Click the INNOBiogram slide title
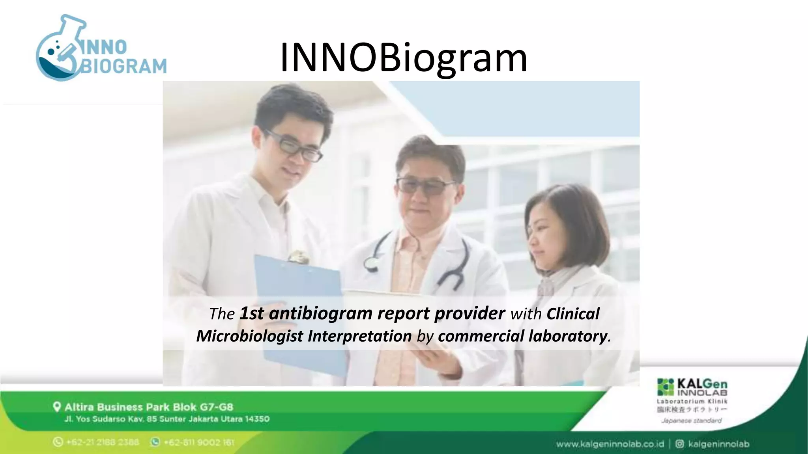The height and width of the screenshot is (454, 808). [403, 58]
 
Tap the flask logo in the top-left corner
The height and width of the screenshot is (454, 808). [59, 49]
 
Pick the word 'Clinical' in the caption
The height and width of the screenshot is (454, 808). [572, 314]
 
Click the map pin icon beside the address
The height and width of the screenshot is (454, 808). [57, 407]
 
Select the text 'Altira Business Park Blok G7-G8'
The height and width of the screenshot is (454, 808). [149, 407]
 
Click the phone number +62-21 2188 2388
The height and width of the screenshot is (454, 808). [102, 442]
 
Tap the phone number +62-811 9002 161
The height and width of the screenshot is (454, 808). [199, 442]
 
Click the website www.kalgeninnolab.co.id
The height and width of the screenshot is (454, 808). [610, 444]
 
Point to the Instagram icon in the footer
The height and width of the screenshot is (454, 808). [679, 444]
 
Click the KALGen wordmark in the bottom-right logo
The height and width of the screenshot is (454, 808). [702, 383]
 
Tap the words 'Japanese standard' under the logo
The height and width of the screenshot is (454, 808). [691, 421]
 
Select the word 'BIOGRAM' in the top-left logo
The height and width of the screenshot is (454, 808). [123, 66]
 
